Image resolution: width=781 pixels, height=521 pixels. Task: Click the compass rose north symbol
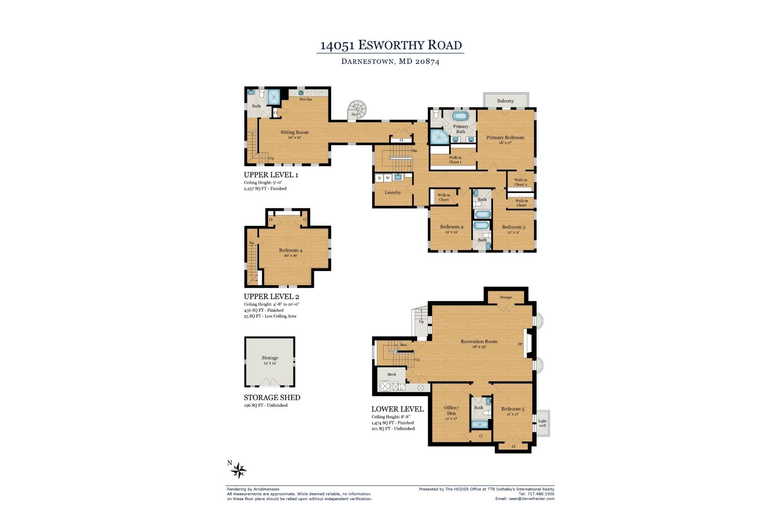(x=238, y=470)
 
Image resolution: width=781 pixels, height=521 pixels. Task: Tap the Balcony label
(x=505, y=101)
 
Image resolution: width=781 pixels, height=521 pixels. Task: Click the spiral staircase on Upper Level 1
(x=358, y=109)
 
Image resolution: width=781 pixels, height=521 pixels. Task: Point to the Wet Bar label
(x=305, y=99)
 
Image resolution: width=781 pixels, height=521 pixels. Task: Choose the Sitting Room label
(x=294, y=132)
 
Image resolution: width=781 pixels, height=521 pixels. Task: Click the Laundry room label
(x=393, y=192)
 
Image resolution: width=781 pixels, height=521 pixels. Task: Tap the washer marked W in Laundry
(x=388, y=178)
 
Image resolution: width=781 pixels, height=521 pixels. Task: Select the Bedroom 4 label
(x=290, y=250)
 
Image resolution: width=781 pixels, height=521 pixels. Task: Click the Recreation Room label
(x=479, y=341)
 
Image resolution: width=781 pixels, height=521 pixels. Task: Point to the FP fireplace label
(x=520, y=344)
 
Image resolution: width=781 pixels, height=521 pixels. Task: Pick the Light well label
(x=542, y=423)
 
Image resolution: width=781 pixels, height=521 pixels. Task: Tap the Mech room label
(x=391, y=374)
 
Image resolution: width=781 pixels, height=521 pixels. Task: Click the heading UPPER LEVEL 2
(x=271, y=297)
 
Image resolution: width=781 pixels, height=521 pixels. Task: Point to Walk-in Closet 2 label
(x=521, y=182)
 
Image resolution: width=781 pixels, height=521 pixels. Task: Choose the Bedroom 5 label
(x=512, y=409)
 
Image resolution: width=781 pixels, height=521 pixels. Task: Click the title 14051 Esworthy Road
(x=390, y=45)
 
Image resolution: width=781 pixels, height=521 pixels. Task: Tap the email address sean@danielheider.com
(x=525, y=499)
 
